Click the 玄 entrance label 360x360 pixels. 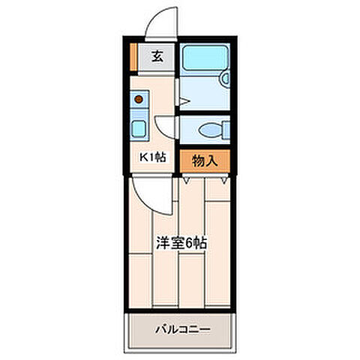click(157, 55)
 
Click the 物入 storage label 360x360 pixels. click(203, 160)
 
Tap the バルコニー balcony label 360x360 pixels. click(182, 328)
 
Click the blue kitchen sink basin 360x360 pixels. click(139, 127)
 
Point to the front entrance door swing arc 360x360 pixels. click(160, 21)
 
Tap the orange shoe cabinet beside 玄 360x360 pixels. click(133, 56)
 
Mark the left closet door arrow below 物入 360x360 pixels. click(186, 181)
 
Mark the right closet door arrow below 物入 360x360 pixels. click(224, 181)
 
